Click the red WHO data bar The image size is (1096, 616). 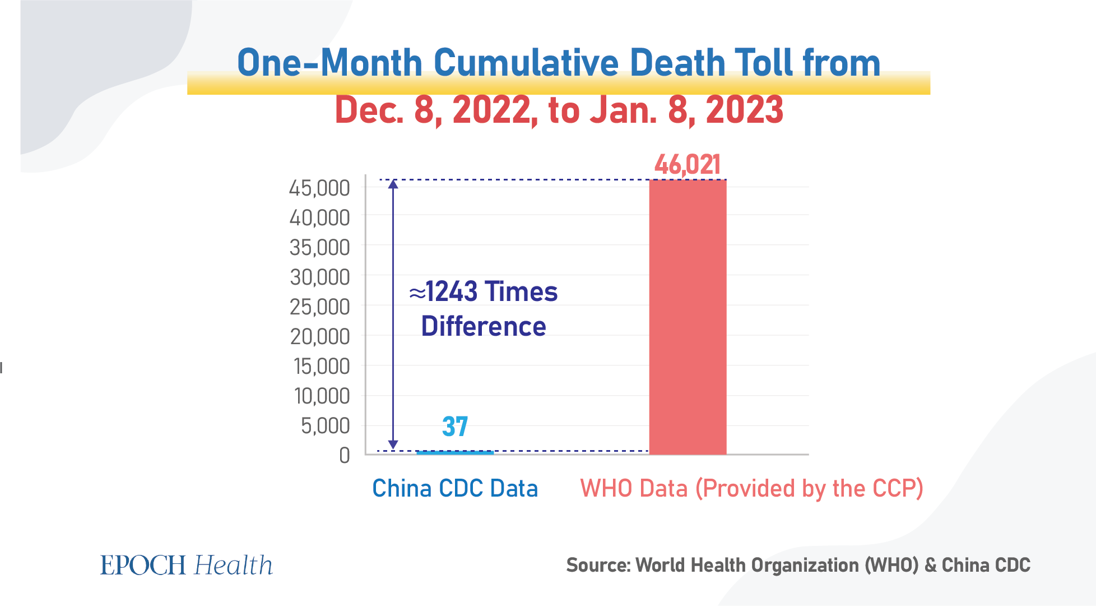(x=688, y=317)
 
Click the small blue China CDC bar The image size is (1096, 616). (x=455, y=452)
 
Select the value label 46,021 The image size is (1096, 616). (x=688, y=165)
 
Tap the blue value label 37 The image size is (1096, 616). (x=454, y=427)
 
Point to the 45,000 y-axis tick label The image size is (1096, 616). (x=319, y=188)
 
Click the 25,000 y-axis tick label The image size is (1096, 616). (x=319, y=307)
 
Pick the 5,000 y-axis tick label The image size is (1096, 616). (x=325, y=426)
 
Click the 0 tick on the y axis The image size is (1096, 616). (x=345, y=455)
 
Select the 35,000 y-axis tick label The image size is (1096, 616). (x=319, y=248)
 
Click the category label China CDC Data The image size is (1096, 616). (x=455, y=488)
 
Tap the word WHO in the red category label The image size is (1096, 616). (x=606, y=488)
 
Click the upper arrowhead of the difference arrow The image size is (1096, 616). (x=393, y=184)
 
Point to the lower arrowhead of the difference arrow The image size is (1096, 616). (x=393, y=445)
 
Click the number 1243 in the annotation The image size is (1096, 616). (x=452, y=291)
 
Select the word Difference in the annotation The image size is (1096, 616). (x=484, y=326)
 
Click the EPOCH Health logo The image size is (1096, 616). (x=187, y=565)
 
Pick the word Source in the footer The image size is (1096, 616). (x=597, y=565)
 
